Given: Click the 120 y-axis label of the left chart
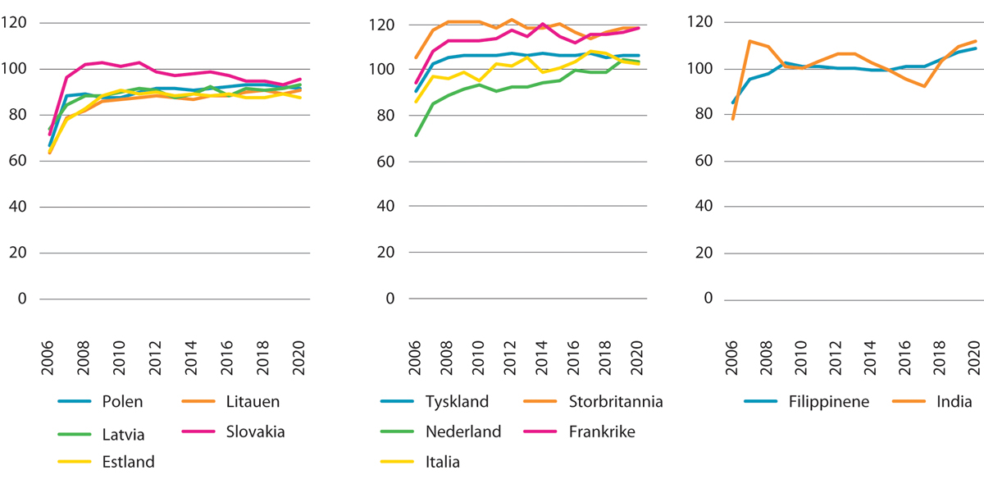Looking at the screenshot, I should (x=16, y=23).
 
